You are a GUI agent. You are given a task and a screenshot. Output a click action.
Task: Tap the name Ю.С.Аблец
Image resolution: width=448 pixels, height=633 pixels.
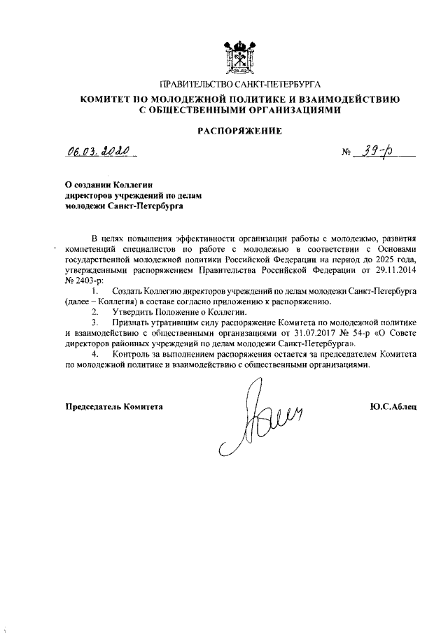click(x=393, y=406)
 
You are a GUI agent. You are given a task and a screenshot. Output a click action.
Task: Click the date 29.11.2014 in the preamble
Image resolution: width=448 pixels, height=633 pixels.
click(x=396, y=268)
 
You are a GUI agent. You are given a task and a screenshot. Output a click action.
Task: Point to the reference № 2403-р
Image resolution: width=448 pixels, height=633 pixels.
click(x=83, y=278)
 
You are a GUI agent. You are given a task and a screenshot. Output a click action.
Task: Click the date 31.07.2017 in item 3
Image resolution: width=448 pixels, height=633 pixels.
click(x=300, y=333)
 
